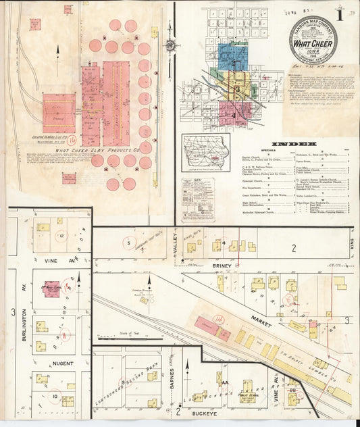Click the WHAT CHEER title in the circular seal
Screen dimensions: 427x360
(x=315, y=45)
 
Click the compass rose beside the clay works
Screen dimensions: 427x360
(x=171, y=45)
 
